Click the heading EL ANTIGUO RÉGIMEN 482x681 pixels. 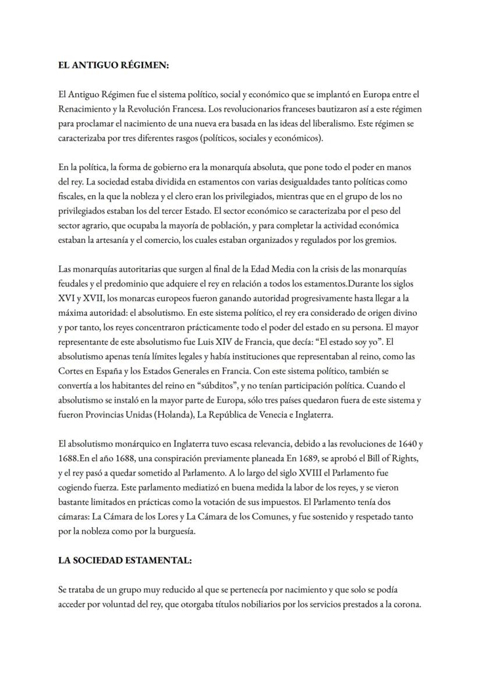pos(114,66)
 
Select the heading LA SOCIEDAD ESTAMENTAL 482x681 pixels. pos(125,560)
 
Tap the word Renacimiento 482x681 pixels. pos(85,109)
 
